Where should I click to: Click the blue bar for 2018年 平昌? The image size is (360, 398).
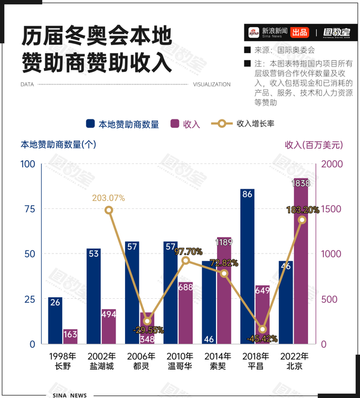(247, 266)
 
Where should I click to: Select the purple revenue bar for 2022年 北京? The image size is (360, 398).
(301, 261)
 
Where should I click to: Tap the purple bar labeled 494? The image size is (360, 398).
(109, 327)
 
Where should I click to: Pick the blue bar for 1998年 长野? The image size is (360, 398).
(56, 320)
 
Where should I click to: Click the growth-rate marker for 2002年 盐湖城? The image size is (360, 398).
(109, 210)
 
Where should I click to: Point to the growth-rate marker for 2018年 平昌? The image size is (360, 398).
(262, 329)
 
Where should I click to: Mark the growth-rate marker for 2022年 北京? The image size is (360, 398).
(302, 220)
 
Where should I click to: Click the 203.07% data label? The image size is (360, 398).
(109, 197)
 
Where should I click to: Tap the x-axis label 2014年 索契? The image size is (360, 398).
(218, 361)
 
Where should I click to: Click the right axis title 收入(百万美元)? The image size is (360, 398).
(314, 145)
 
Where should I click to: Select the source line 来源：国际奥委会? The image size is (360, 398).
(284, 50)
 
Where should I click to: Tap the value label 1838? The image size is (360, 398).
(300, 183)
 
